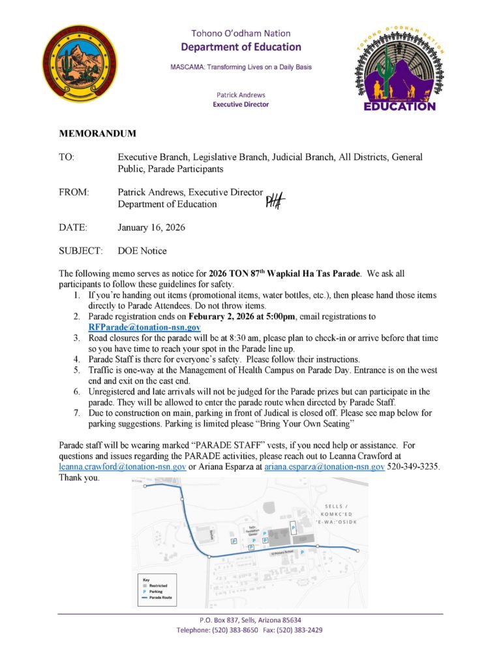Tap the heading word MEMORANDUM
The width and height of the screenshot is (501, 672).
(98, 133)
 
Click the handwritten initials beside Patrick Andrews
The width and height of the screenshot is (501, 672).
(275, 201)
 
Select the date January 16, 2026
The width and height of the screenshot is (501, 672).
(151, 228)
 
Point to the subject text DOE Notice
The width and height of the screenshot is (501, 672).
(142, 251)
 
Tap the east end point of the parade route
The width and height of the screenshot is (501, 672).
(357, 551)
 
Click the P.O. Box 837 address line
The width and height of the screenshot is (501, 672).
(250, 620)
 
